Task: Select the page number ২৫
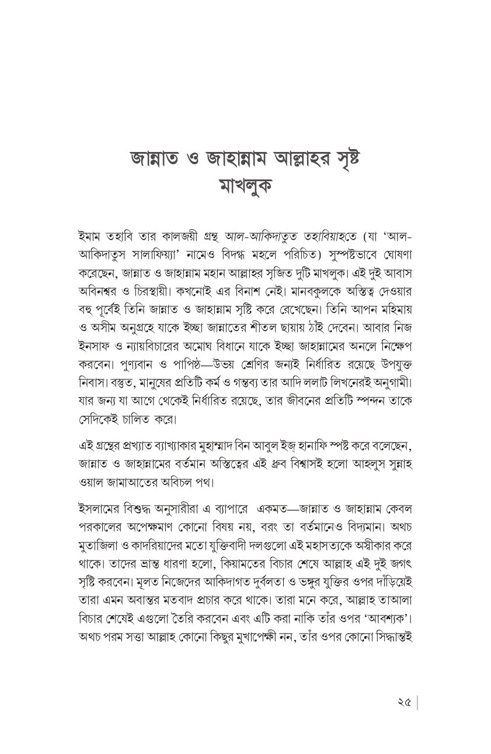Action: (401, 701)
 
